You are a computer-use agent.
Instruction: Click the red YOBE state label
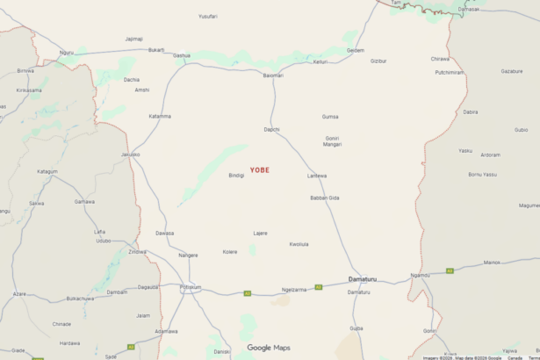click(260, 169)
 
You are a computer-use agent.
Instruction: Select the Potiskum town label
click(191, 287)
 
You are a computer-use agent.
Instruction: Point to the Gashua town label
click(182, 54)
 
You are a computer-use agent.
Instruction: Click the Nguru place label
click(67, 52)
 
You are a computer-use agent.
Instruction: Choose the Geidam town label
click(356, 50)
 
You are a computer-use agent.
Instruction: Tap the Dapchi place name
click(271, 129)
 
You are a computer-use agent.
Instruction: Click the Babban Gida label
click(325, 198)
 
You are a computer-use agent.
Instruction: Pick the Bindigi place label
click(236, 175)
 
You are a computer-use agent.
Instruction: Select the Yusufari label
click(207, 16)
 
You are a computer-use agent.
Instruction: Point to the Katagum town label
click(47, 171)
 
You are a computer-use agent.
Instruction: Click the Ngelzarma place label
click(294, 289)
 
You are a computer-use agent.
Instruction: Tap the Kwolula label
click(299, 243)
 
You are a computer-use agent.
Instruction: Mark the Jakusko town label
click(131, 155)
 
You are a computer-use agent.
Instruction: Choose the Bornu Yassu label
click(482, 174)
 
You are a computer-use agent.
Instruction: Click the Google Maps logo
click(268, 348)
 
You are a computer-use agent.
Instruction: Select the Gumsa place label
click(330, 116)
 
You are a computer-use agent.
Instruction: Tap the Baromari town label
click(273, 76)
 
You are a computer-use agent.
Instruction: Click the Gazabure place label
click(511, 70)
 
